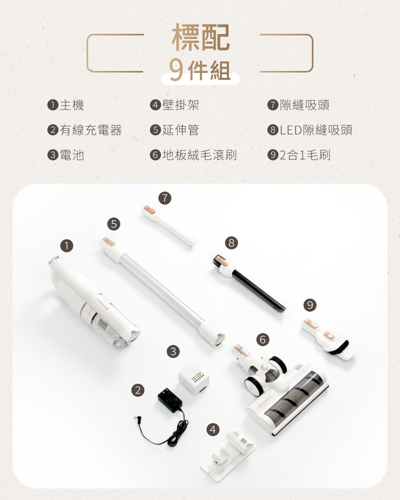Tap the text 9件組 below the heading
tap(200, 70)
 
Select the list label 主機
tap(72, 105)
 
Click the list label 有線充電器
tap(90, 130)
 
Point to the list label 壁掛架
tap(180, 105)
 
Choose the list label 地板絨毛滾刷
tap(199, 155)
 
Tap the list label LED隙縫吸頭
tap(316, 130)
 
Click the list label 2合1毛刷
tap(305, 155)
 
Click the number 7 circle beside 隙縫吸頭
tap(272, 105)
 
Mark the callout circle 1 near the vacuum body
tap(66, 245)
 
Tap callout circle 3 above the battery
tap(173, 351)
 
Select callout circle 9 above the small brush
tap(310, 304)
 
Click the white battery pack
tap(194, 379)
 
